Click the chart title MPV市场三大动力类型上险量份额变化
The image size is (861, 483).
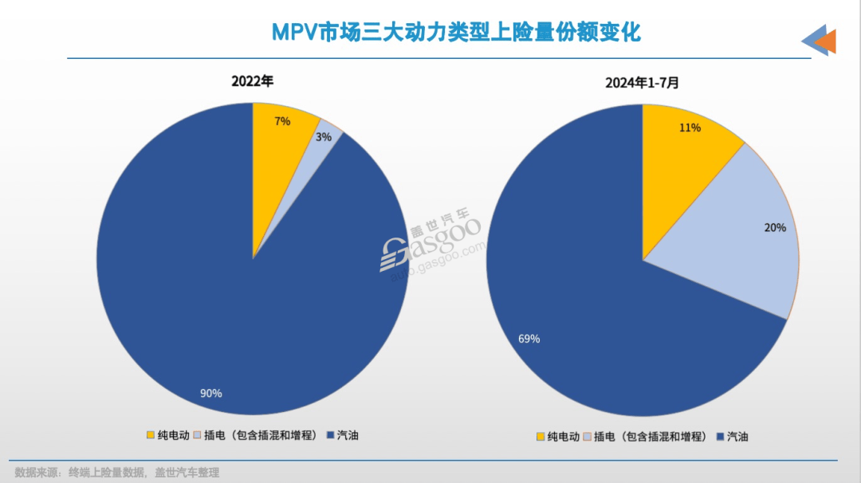click(456, 32)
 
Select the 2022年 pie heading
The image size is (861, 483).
click(252, 81)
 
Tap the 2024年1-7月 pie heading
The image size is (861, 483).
click(642, 82)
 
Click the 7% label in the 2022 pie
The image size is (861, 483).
click(282, 121)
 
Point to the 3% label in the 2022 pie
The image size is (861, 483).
click(324, 137)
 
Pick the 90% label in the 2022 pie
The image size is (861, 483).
click(210, 393)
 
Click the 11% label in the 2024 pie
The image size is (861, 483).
click(690, 128)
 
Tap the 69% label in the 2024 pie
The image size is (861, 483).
click(529, 339)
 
